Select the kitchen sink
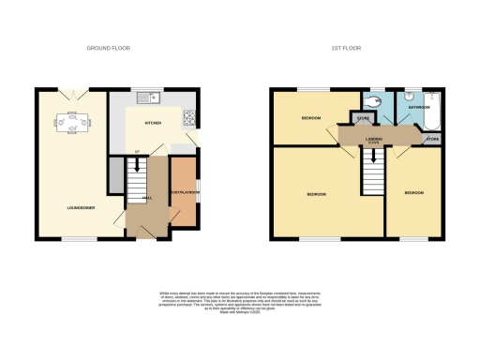coord(149,97)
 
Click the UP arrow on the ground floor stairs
coord(137,153)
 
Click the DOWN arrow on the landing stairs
coord(373,145)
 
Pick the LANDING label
coord(372,141)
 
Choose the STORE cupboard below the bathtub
coord(432,140)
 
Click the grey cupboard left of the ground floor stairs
coord(115,175)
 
